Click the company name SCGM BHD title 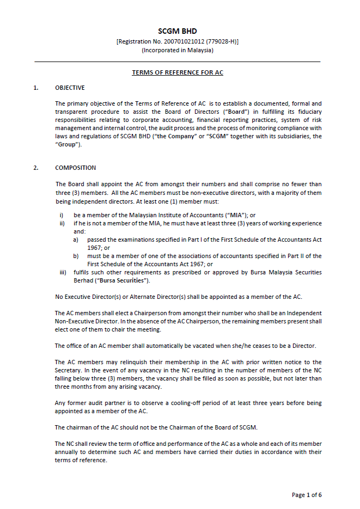178,32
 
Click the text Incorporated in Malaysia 178,50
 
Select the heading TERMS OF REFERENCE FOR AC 178,72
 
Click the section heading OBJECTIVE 70,88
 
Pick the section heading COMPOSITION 75,168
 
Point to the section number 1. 36,88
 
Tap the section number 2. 36,168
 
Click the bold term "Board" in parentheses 233,112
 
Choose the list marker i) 62,216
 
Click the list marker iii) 63,272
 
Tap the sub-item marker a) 76,240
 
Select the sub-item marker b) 76,256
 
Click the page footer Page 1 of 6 307,495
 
